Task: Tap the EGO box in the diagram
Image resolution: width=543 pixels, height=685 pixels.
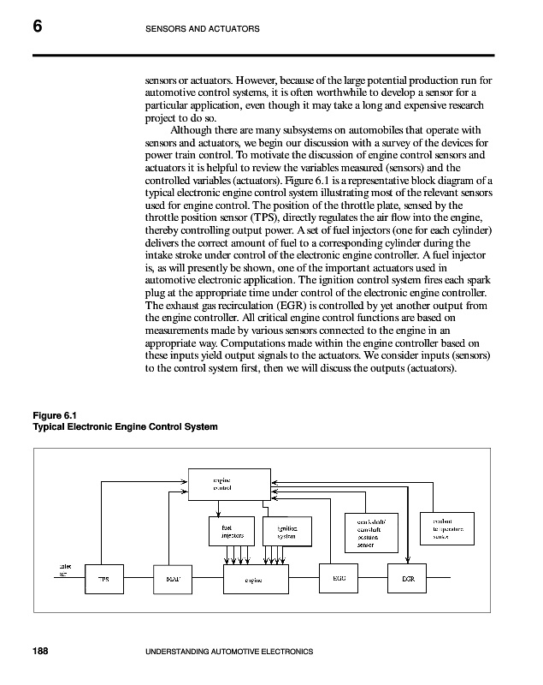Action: point(338,578)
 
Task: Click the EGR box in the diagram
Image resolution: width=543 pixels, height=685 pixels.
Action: point(408,578)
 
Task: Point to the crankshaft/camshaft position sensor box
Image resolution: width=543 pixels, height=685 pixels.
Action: point(369,531)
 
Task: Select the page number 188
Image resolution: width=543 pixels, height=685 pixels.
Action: point(40,652)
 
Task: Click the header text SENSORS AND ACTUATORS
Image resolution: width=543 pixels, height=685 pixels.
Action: point(203,31)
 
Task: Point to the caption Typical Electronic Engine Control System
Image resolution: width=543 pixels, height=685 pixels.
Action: point(125,426)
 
